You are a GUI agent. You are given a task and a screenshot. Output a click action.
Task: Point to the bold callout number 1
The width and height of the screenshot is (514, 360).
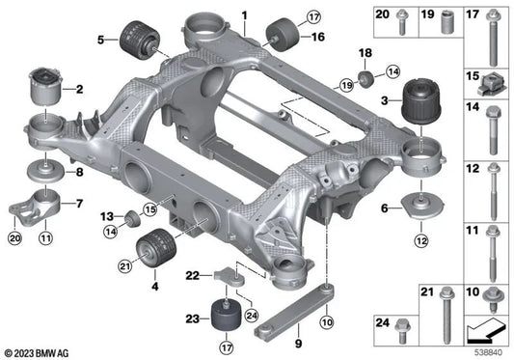pos(244,14)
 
